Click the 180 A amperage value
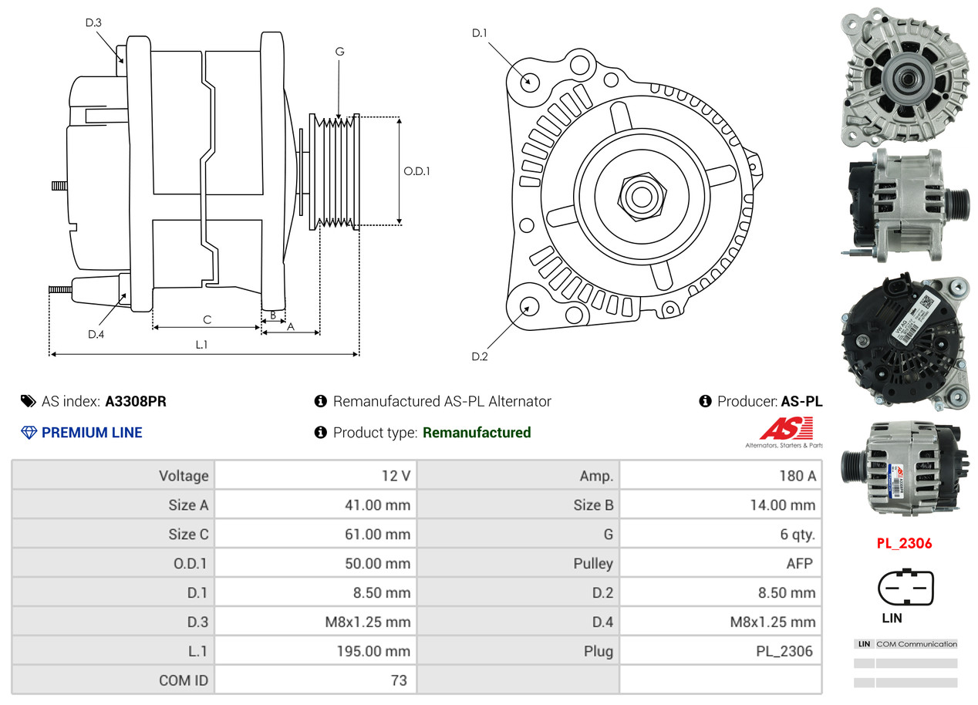797,476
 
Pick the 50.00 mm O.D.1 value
377,564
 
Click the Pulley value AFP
799,564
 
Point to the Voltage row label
184,476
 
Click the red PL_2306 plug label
904,543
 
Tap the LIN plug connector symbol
905,588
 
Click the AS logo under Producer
784,430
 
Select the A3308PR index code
136,401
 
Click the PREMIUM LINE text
92,433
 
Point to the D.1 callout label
480,33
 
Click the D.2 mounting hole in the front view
528,306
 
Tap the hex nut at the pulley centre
639,195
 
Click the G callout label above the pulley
339,52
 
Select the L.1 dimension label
201,345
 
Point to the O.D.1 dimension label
416,171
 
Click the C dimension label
207,319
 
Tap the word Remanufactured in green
477,433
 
